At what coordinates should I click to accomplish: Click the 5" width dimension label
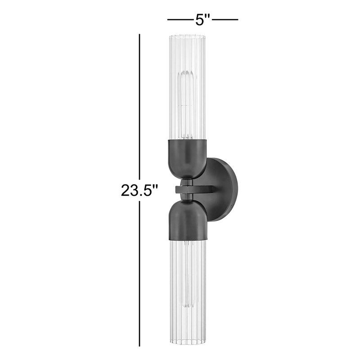[202, 20]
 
